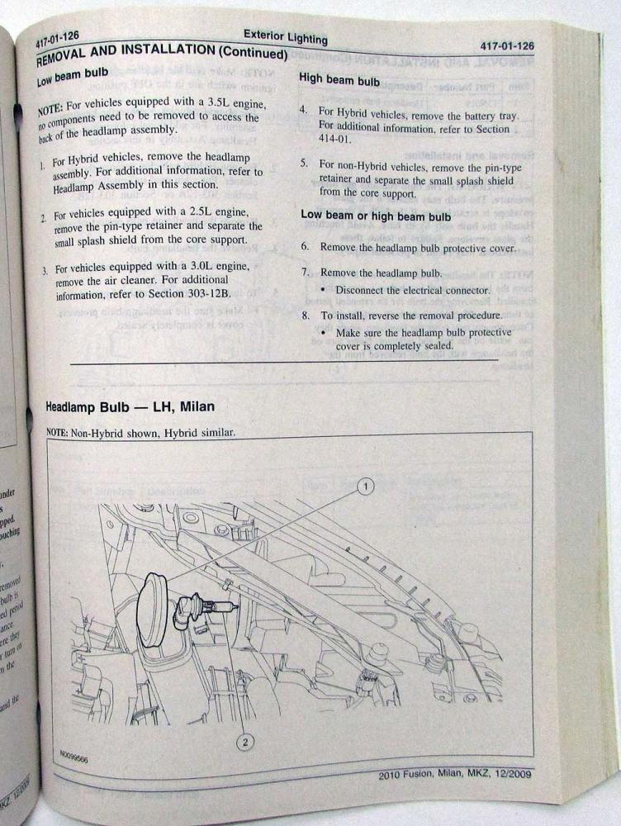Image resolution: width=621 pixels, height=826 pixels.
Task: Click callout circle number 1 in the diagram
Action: point(365,487)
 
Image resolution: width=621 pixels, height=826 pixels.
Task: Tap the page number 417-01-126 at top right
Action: point(506,47)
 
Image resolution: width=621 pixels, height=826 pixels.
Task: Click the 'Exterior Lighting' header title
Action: point(286,36)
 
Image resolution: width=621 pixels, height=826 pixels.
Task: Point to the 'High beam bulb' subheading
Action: point(339,80)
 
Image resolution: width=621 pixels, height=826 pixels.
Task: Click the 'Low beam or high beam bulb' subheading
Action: point(376,216)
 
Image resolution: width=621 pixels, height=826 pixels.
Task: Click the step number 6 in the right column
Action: point(305,247)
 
